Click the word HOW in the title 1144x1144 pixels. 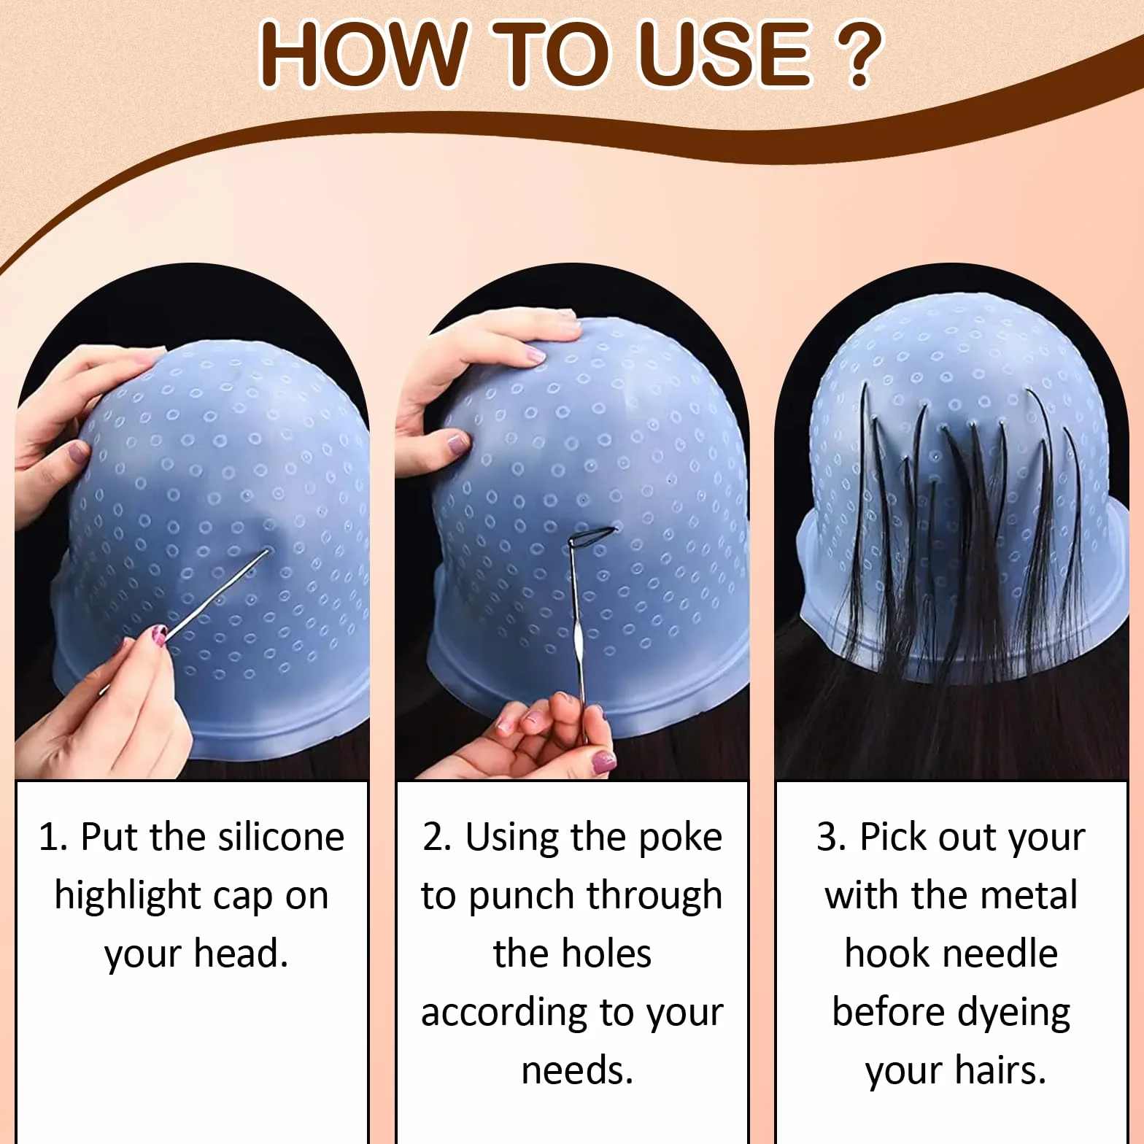[x=363, y=54]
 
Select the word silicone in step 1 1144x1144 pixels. [x=281, y=837]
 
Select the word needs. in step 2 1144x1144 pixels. [x=577, y=1071]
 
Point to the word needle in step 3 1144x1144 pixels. [x=1002, y=954]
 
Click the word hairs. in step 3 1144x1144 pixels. [x=1000, y=1071]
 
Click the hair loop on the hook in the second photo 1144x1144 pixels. [x=592, y=538]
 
